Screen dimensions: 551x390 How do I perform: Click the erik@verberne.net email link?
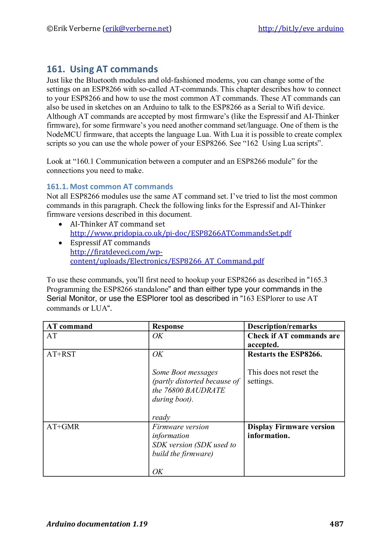tap(137, 28)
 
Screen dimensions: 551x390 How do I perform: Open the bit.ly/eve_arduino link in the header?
tap(301, 28)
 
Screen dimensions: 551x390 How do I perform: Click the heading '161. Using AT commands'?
tap(102, 69)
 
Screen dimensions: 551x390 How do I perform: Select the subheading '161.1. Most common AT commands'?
tap(110, 187)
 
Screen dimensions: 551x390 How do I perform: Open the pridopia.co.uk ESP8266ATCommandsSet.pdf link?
tap(181, 233)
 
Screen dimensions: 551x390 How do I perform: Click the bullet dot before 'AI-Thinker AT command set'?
tap(61, 224)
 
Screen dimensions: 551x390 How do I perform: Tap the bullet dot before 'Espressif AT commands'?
tap(61, 243)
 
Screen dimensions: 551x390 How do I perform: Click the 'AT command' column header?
tap(70, 326)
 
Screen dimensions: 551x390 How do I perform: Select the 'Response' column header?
tap(168, 326)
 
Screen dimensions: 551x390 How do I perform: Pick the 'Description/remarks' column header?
tap(282, 326)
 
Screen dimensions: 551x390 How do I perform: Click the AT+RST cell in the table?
tap(61, 354)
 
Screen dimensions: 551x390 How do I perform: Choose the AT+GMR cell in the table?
tap(63, 427)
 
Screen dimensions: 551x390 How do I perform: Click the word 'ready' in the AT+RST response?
tap(161, 418)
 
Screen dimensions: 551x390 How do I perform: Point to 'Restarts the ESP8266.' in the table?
tap(285, 354)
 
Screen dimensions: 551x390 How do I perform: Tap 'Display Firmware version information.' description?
tap(291, 431)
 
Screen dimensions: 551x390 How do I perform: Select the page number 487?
tap(336, 524)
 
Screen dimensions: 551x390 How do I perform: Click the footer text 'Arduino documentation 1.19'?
tap(97, 524)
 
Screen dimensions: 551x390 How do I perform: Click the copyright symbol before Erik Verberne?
tap(50, 29)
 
